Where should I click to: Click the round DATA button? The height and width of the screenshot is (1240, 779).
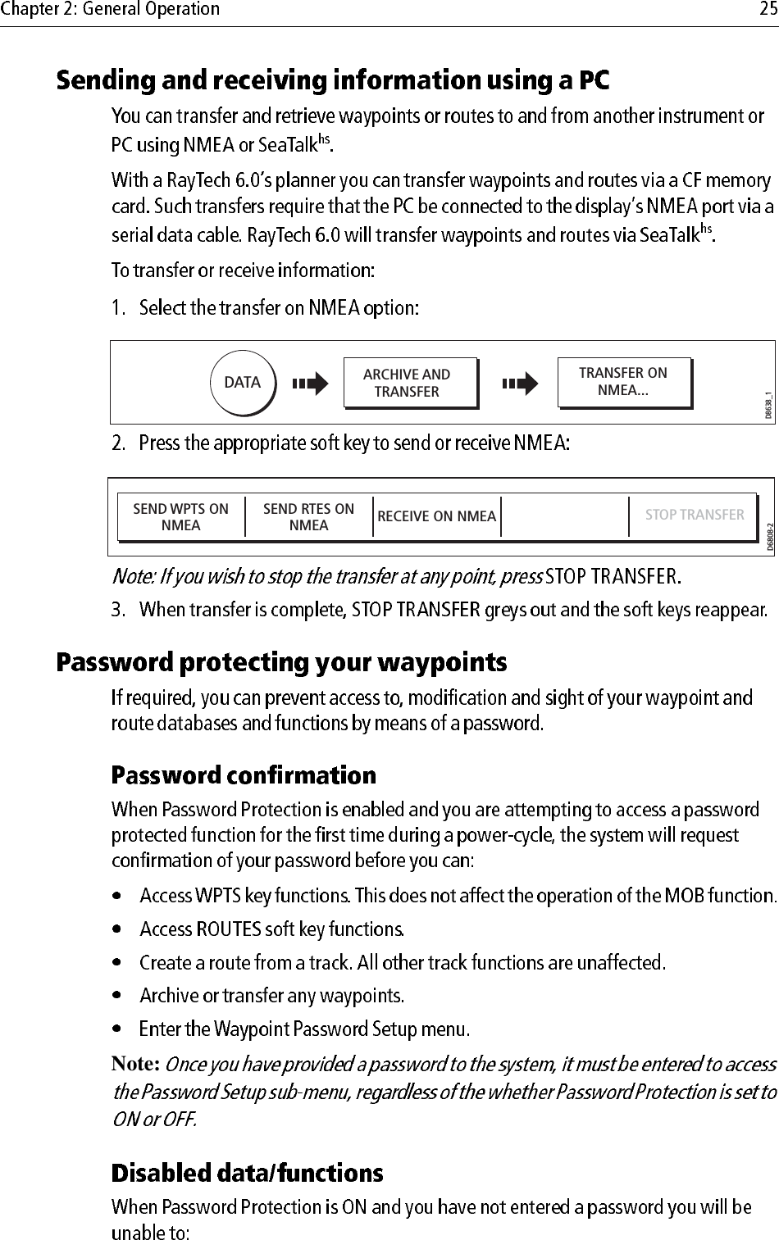coord(243,383)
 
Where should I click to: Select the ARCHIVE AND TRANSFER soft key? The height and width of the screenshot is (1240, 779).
coord(408,383)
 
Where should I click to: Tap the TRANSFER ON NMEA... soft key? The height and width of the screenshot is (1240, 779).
coord(623,382)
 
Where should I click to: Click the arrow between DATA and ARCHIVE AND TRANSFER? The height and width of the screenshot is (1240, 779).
coord(311,383)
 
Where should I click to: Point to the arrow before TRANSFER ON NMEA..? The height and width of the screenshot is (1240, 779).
coord(520,383)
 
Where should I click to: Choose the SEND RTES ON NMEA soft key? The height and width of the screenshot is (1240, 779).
coord(308,517)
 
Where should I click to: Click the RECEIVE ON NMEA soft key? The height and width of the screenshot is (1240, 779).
coord(436,516)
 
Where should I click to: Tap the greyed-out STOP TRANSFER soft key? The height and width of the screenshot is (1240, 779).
coord(694,516)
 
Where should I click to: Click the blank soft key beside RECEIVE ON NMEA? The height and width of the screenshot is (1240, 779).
coord(564,517)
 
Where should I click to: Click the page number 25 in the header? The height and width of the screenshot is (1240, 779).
coord(766,9)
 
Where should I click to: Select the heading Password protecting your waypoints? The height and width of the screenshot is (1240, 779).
coord(281,662)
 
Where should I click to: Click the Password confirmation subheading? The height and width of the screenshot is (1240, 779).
coord(244,775)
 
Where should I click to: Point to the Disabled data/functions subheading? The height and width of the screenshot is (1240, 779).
coord(247,1174)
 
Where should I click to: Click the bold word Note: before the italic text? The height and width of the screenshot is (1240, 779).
coord(135,1065)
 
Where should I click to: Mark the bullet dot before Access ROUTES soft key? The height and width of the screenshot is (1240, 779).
coord(120,930)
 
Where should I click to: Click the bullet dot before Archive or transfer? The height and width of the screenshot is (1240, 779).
coord(120,997)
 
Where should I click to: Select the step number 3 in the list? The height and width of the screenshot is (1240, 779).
coord(119,610)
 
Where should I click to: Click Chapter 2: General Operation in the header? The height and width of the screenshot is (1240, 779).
coord(111,9)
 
